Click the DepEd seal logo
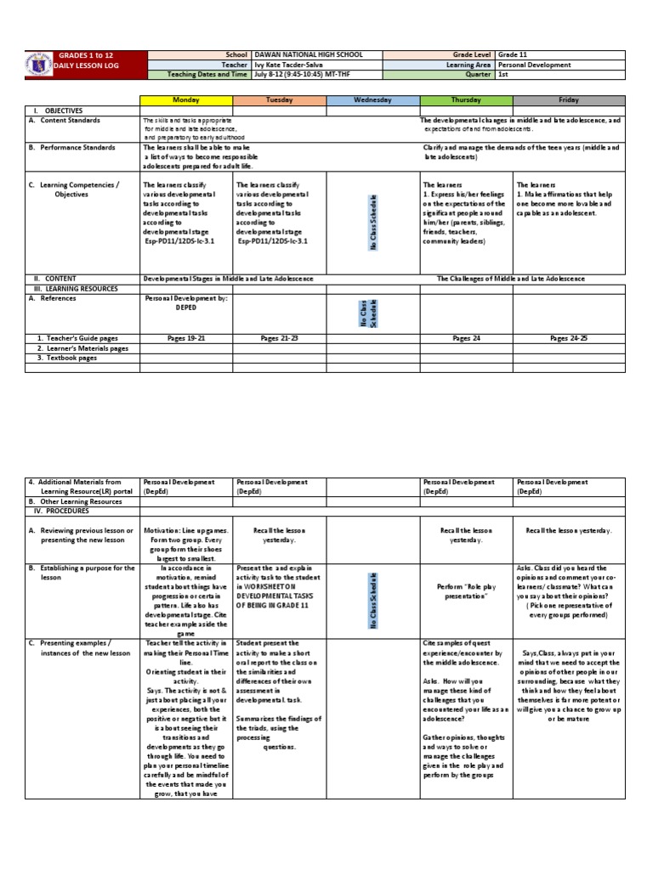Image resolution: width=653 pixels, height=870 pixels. point(40,65)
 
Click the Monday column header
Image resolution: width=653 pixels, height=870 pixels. point(186,100)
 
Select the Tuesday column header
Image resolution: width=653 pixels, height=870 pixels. point(278,100)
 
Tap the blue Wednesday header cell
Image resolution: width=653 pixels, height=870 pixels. point(372,100)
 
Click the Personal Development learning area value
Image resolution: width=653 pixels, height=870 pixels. point(534,64)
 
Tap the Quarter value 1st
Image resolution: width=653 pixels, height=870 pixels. point(503,74)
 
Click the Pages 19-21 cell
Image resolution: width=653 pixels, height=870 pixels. point(186,338)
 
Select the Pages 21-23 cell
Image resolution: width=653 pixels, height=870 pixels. point(278,338)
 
